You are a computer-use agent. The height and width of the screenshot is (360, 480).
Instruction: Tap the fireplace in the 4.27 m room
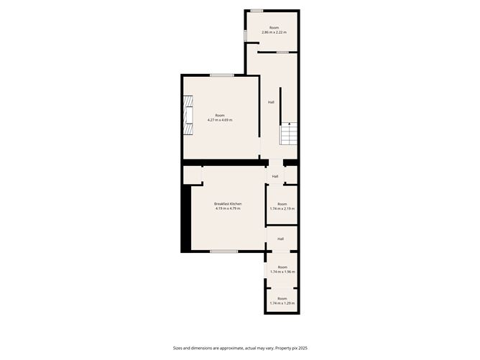point(188,118)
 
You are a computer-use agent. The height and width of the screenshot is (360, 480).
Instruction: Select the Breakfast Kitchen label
point(227,204)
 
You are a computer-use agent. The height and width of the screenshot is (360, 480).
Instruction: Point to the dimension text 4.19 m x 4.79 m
point(227,208)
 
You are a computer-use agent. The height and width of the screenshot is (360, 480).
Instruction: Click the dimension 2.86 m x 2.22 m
point(273,32)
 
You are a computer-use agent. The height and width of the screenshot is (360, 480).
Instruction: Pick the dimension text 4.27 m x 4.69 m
point(220,119)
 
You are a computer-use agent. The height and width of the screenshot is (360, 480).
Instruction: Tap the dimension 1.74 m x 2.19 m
point(282,208)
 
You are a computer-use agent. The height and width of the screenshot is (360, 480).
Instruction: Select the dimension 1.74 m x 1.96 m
point(282,272)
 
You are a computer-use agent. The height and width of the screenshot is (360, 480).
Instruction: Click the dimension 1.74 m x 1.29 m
point(282,303)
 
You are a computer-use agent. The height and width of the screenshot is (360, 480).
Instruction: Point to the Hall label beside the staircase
point(271,102)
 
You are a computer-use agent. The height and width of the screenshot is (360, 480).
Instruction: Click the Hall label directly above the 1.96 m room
point(280,239)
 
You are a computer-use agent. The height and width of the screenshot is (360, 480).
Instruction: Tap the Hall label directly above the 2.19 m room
point(275,176)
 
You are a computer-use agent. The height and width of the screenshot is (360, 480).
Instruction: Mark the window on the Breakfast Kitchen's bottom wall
point(223,251)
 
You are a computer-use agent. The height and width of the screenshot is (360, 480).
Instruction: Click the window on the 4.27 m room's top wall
point(222,75)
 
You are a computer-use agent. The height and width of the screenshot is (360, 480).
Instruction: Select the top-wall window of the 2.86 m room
point(257,11)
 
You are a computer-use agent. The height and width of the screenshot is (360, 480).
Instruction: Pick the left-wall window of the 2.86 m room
point(245,34)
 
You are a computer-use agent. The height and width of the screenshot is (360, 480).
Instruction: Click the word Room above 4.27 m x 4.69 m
point(220,115)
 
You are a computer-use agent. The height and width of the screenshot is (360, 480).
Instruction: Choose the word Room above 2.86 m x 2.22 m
point(274,27)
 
